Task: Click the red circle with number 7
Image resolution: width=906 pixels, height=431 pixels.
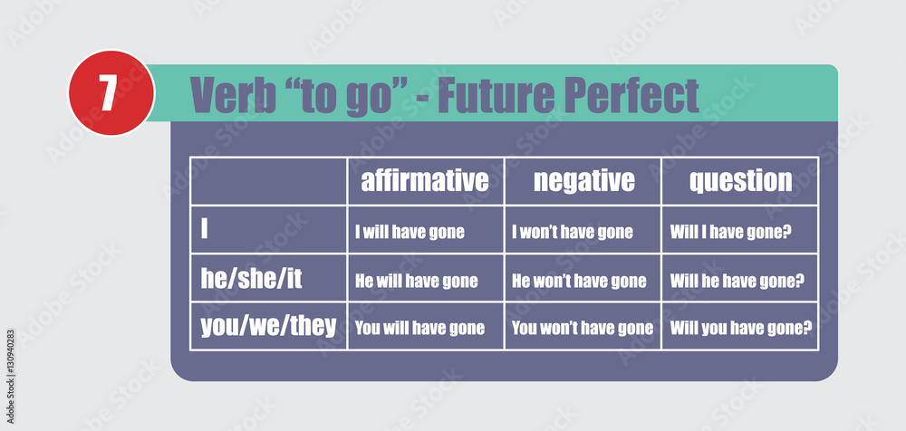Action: click(x=111, y=93)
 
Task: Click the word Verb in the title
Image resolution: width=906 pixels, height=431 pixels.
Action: click(x=233, y=94)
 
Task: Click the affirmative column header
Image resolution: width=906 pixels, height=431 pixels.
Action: click(x=425, y=181)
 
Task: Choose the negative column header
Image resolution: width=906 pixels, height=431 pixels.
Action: click(x=583, y=181)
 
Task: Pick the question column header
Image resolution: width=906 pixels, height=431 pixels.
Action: click(x=740, y=182)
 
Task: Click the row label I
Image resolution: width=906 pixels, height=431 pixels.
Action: click(x=204, y=229)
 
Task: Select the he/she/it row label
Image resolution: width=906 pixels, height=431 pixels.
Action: click(x=251, y=279)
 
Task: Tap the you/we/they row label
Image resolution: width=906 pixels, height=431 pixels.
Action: click(x=268, y=327)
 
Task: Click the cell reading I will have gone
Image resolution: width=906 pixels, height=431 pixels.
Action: click(x=410, y=233)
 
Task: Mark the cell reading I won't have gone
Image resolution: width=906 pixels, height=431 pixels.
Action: click(x=572, y=233)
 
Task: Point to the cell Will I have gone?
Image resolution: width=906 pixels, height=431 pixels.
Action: click(x=730, y=233)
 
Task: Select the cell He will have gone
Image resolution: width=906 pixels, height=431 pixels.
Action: click(x=416, y=282)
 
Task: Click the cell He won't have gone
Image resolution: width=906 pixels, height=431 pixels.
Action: click(x=579, y=282)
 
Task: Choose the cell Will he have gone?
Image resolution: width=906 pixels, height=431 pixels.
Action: click(x=737, y=282)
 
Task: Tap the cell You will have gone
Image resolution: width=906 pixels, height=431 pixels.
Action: click(x=419, y=329)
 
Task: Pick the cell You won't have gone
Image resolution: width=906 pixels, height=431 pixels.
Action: click(x=583, y=329)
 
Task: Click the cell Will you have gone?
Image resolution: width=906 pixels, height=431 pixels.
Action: click(x=741, y=329)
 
